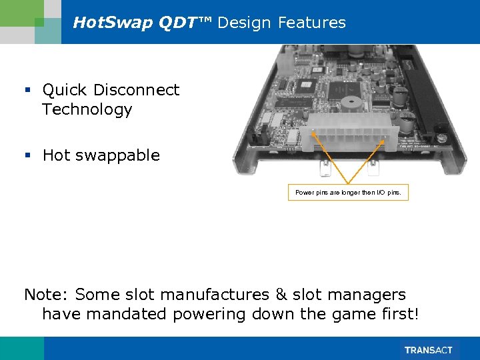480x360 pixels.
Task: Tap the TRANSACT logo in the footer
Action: pyautogui.click(x=428, y=350)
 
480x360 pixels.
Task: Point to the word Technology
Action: pyautogui.click(x=87, y=110)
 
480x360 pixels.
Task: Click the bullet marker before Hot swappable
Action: pyautogui.click(x=28, y=156)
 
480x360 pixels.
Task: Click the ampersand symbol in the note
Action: pyautogui.click(x=280, y=295)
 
